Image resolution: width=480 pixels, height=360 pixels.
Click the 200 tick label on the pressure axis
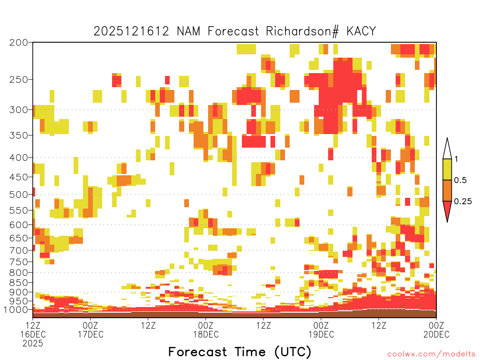point(18,43)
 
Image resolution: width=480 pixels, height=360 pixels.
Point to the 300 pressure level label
point(18,110)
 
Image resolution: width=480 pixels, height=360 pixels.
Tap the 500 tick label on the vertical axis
point(18,195)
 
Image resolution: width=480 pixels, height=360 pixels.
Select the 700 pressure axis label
point(18,250)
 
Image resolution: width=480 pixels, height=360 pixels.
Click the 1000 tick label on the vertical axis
point(15,309)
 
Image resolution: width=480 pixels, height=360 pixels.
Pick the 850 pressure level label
point(18,283)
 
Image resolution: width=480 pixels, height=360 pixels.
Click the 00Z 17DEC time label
point(90,330)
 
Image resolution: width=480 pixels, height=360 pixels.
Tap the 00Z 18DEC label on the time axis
point(206,330)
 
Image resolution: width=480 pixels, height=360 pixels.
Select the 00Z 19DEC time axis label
point(321,330)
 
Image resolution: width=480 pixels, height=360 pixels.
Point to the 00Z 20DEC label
point(436,330)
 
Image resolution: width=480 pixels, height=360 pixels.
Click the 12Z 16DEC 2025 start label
point(33,334)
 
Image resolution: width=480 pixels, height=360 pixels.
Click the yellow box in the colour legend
point(447,169)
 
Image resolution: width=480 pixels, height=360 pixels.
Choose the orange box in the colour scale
point(447,190)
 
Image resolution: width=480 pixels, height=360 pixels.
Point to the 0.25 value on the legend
point(463,202)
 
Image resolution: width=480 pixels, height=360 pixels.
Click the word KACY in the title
point(361,31)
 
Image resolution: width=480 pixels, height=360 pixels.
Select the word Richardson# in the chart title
point(302,31)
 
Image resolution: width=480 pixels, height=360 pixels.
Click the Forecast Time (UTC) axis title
point(240,352)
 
